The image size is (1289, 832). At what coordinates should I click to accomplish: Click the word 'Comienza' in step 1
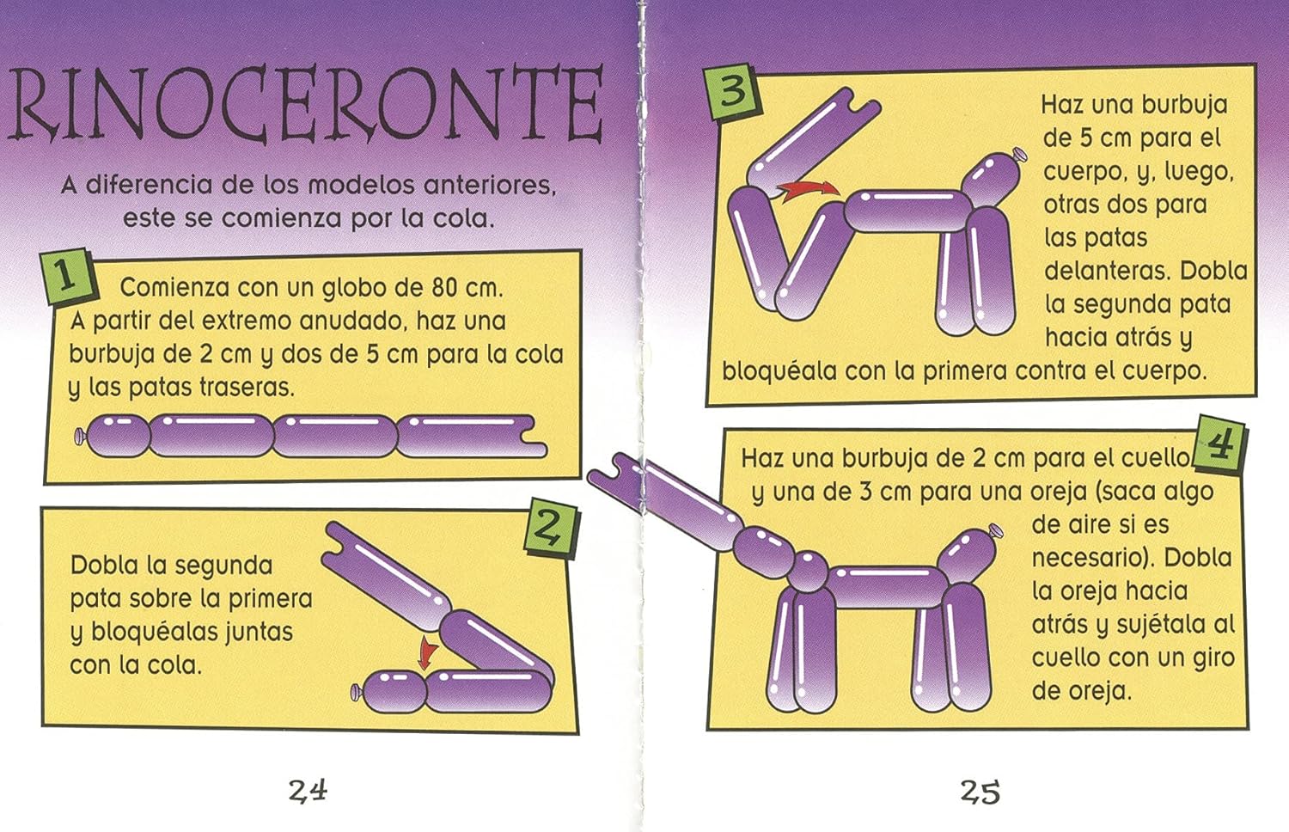(174, 287)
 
